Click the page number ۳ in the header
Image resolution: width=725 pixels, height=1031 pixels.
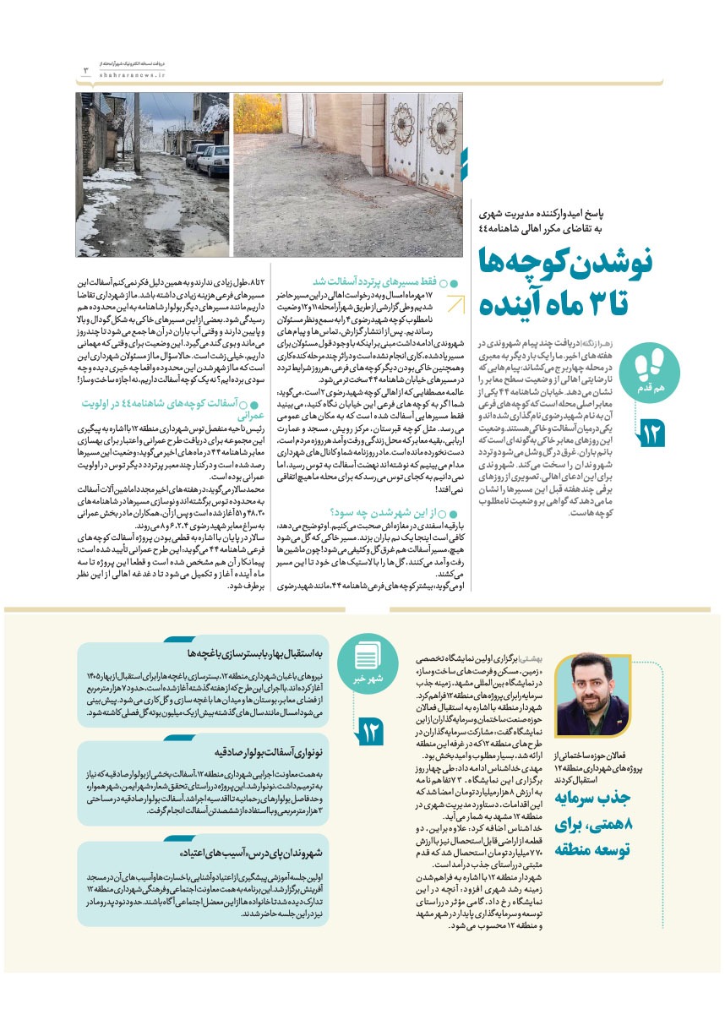(x=85, y=69)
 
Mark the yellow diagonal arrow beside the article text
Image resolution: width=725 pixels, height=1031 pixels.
(x=455, y=304)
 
